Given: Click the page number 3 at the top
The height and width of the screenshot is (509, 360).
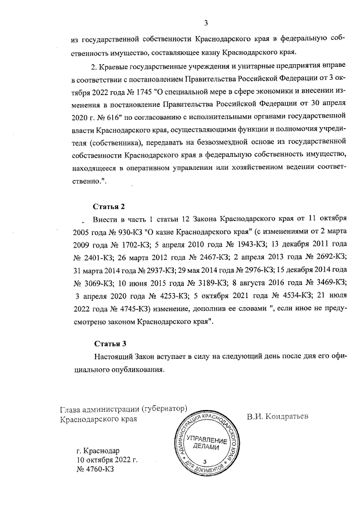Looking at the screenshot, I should coord(206,23).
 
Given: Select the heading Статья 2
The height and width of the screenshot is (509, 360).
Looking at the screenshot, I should coord(108,207).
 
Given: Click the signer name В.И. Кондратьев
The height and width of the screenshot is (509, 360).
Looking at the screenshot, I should coord(278,417).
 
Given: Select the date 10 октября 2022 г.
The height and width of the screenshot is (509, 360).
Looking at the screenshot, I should coord(100,460).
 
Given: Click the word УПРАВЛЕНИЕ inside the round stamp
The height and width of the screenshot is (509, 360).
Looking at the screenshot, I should coord(208,438).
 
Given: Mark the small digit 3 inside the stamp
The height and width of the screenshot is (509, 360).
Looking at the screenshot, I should coord(207,460).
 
